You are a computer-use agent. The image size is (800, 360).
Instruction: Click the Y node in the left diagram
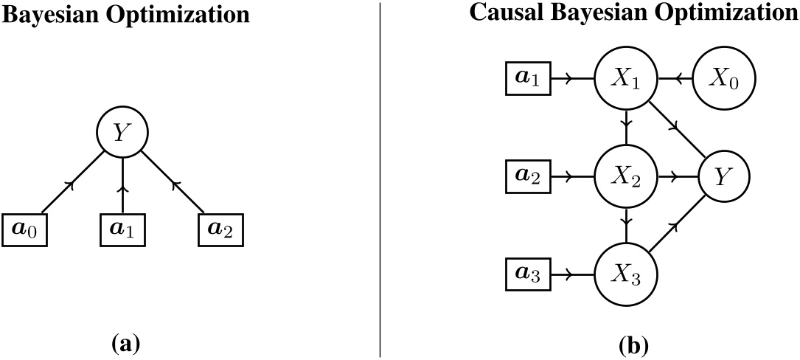[122, 133]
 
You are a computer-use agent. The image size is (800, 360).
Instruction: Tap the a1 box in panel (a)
[122, 231]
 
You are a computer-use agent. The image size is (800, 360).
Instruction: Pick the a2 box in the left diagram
[220, 231]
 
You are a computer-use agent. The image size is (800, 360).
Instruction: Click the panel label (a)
[122, 343]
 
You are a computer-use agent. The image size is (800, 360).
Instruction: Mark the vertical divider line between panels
[380, 177]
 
